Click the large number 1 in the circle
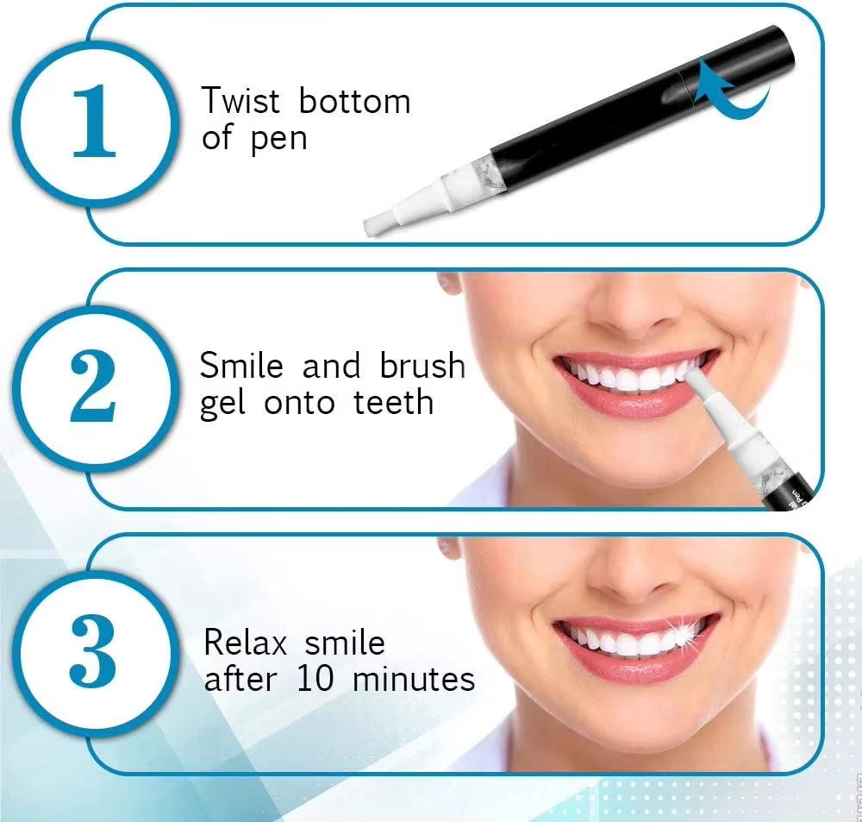tap(94, 122)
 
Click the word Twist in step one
tap(240, 102)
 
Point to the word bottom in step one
tap(354, 102)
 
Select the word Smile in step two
tap(241, 366)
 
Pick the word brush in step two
tap(422, 366)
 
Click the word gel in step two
tap(223, 404)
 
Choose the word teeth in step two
tap(393, 403)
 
